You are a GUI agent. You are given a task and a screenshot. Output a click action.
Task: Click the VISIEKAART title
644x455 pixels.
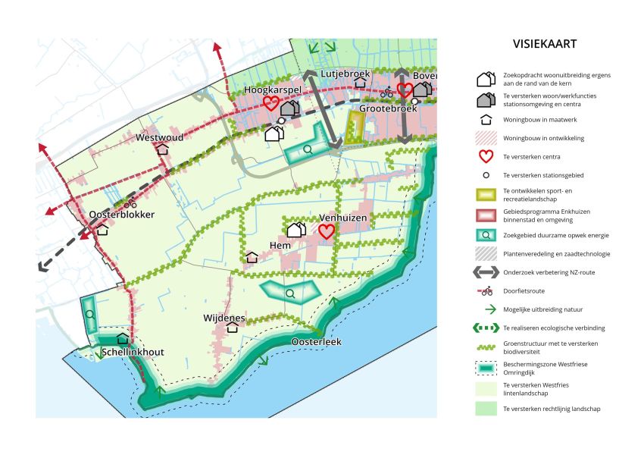click(x=544, y=44)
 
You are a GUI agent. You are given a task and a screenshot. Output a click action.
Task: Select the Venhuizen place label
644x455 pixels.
click(x=342, y=218)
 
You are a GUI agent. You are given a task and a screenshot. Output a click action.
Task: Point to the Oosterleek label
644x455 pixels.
click(x=316, y=342)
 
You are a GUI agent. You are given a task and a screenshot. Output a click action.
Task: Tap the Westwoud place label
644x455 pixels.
click(x=159, y=137)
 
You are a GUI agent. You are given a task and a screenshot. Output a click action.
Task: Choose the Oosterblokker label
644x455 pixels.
click(x=121, y=215)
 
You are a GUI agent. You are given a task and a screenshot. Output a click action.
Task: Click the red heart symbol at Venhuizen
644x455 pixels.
click(x=327, y=231)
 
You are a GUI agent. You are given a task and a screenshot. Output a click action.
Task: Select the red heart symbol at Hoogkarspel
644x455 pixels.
click(x=270, y=103)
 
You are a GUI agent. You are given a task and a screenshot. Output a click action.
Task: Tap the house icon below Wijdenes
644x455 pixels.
click(x=233, y=328)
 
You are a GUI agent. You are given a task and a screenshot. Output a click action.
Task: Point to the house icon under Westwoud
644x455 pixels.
click(x=162, y=149)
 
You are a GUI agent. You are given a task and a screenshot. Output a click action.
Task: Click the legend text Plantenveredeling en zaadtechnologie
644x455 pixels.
click(x=556, y=254)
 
